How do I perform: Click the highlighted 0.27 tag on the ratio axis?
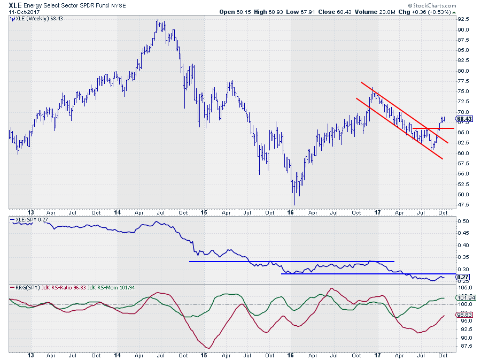click(463, 277)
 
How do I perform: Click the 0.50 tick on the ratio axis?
click(463, 221)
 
